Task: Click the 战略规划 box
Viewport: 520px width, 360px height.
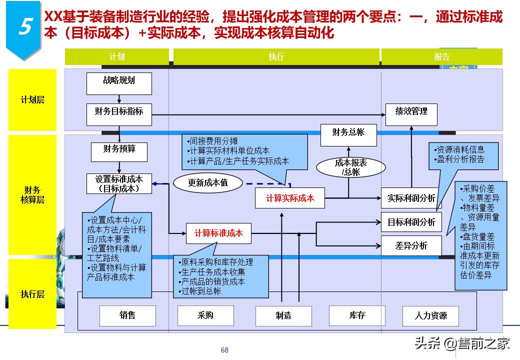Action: (119, 83)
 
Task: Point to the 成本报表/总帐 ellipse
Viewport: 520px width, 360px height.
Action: (350, 167)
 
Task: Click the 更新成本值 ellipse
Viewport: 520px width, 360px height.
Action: (207, 182)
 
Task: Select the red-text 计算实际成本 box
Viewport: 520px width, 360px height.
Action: (290, 198)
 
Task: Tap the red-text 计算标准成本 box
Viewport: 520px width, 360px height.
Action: (218, 233)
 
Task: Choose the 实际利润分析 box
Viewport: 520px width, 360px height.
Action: (411, 198)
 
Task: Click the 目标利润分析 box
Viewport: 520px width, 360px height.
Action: (411, 222)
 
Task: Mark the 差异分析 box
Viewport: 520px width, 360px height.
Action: (411, 245)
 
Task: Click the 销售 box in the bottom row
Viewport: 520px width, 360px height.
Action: (127, 315)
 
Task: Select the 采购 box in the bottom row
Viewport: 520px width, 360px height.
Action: (205, 315)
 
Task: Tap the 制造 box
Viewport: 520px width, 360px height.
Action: (283, 315)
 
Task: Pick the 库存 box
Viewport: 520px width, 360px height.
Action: (357, 315)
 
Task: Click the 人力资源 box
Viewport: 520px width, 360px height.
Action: (430, 315)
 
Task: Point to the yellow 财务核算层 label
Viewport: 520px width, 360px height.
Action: (32, 195)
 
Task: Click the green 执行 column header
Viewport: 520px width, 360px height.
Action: (276, 56)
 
